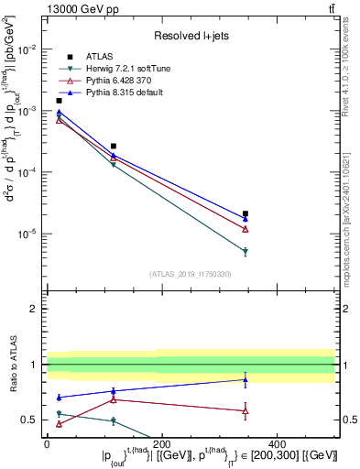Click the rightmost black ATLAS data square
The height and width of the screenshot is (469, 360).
tap(245, 214)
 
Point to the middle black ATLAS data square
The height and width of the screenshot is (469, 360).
tap(114, 146)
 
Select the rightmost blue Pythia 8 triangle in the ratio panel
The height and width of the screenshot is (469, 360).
tap(245, 379)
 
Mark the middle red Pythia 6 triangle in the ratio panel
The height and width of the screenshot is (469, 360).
tap(114, 399)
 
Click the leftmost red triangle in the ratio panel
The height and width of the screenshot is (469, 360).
tap(59, 424)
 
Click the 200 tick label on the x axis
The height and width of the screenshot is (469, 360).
tap(162, 442)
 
